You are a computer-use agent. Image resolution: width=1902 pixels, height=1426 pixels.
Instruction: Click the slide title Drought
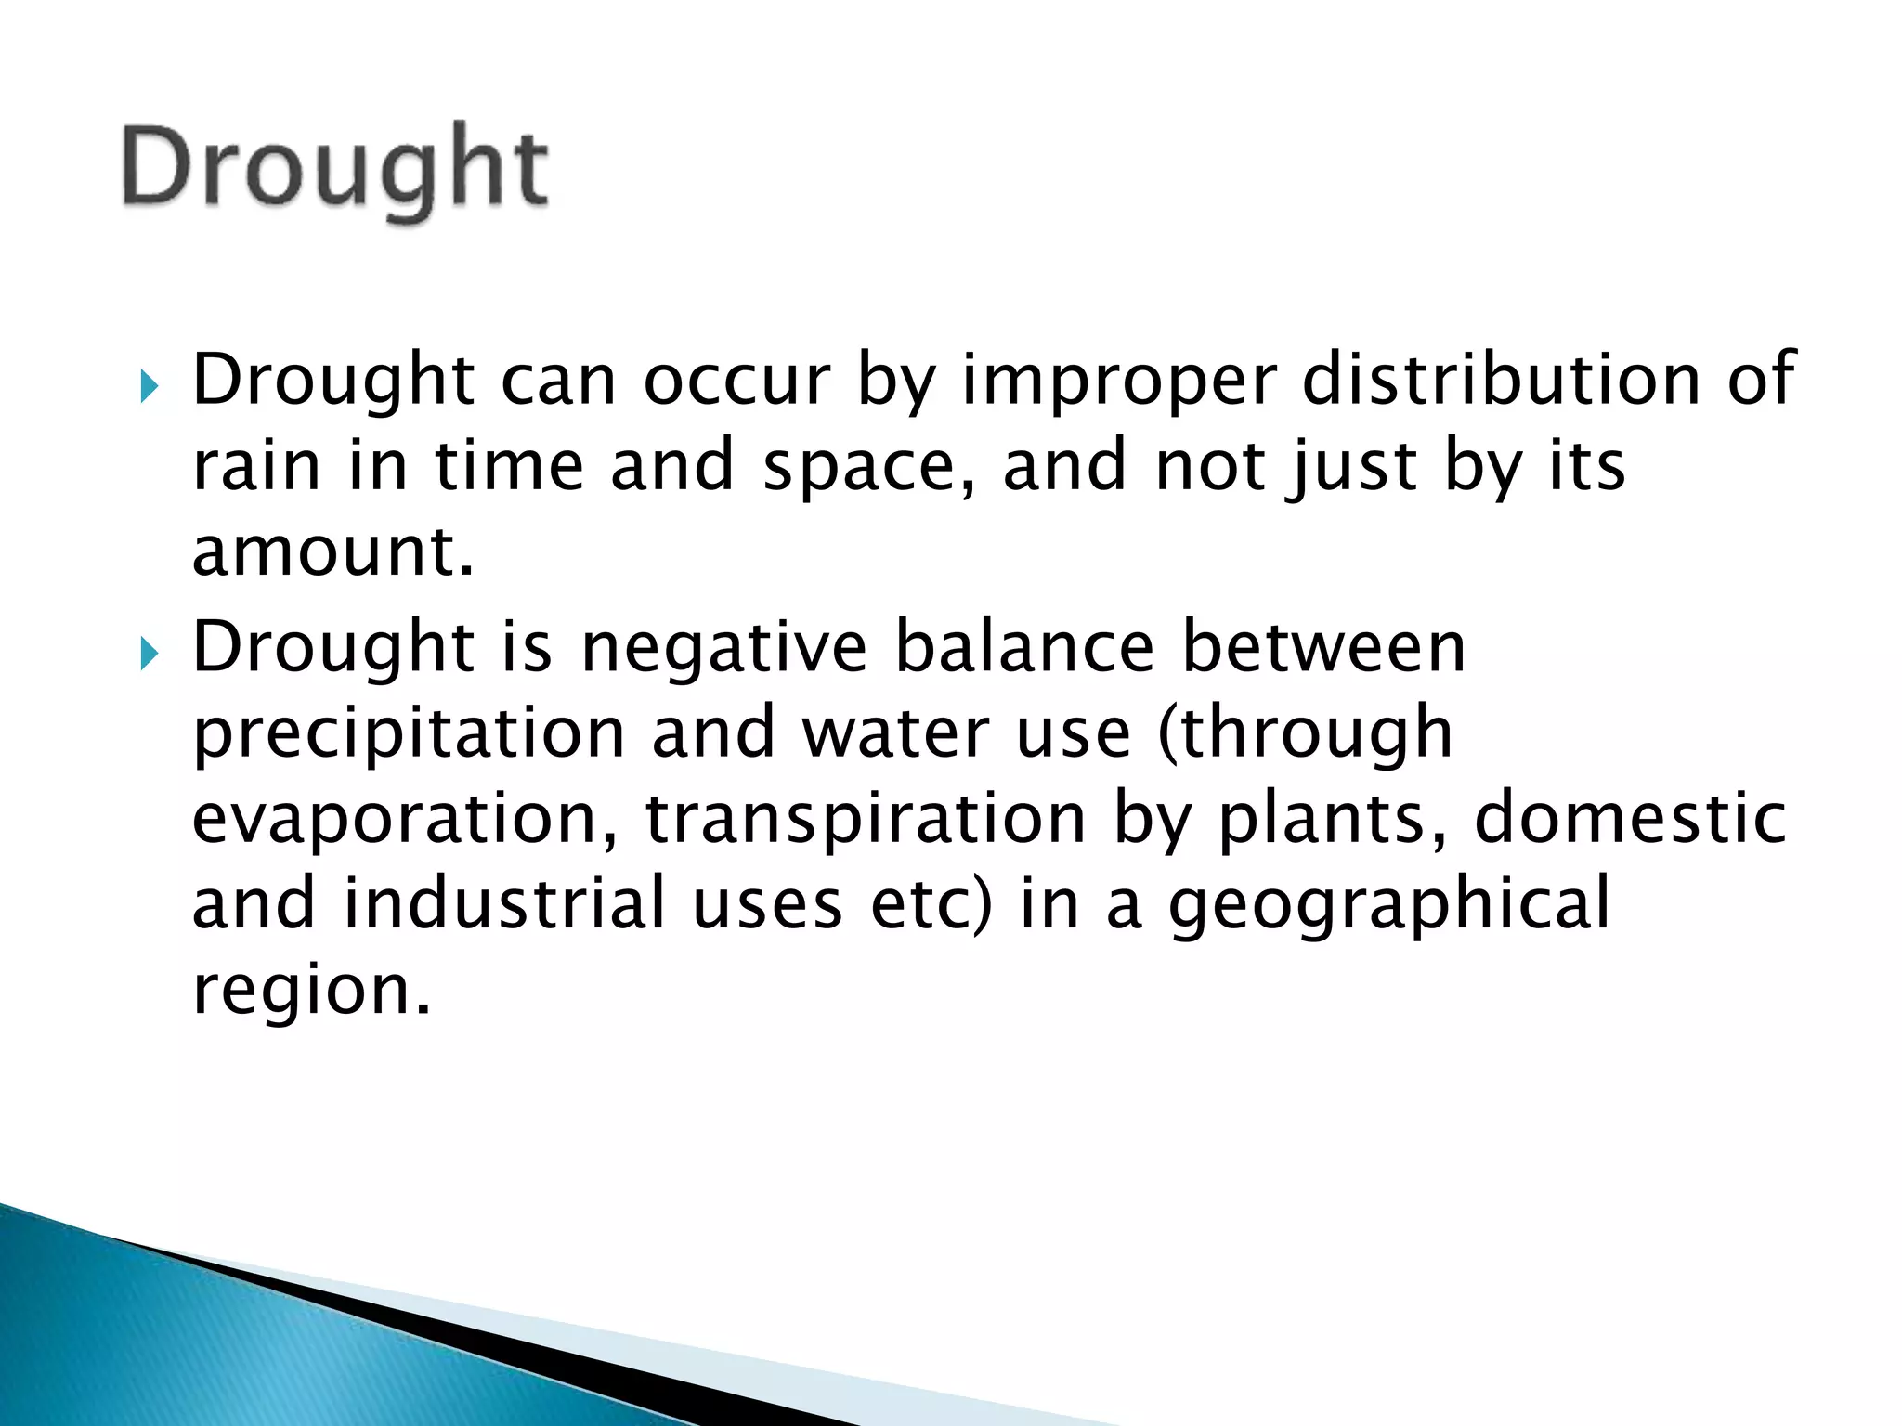coord(334,169)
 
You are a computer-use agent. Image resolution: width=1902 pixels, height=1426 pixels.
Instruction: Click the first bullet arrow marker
coord(150,385)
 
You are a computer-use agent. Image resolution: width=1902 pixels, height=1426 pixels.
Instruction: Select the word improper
coord(1118,381)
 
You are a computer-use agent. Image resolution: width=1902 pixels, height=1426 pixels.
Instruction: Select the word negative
coord(724,647)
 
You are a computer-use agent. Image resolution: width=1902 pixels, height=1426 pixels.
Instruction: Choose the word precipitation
coord(409,733)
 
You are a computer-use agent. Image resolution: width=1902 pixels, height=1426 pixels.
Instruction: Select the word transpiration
coord(865,819)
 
